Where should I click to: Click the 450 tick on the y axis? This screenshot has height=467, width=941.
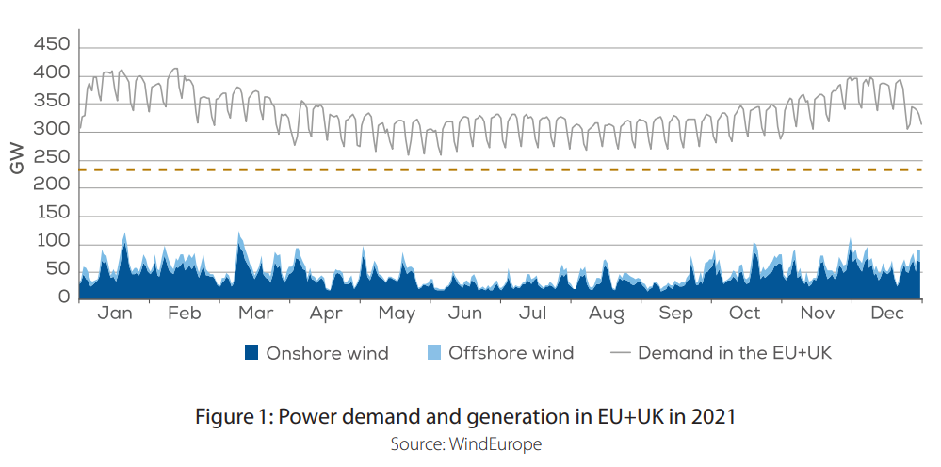pos(51,45)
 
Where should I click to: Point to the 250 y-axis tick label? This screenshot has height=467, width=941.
pos(51,158)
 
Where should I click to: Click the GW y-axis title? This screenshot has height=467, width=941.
pos(16,160)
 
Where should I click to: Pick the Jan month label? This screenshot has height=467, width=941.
pos(115,314)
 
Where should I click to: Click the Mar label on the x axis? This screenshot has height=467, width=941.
pos(255,314)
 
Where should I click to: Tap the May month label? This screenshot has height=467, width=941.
pos(397,314)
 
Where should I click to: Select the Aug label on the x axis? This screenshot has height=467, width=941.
pos(607,314)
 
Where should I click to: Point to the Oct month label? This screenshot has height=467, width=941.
pos(745,314)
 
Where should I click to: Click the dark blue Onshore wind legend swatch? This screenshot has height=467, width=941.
pos(251,353)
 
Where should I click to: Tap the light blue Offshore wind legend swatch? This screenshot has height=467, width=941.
pos(434,353)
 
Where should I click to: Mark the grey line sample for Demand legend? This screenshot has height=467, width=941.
pos(620,353)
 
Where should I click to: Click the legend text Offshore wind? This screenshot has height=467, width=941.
pos(511,353)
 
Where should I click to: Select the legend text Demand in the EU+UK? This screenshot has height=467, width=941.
pos(735,353)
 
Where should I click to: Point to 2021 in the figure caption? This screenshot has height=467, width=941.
pos(714,416)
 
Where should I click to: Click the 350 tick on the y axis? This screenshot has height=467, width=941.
pos(51,102)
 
